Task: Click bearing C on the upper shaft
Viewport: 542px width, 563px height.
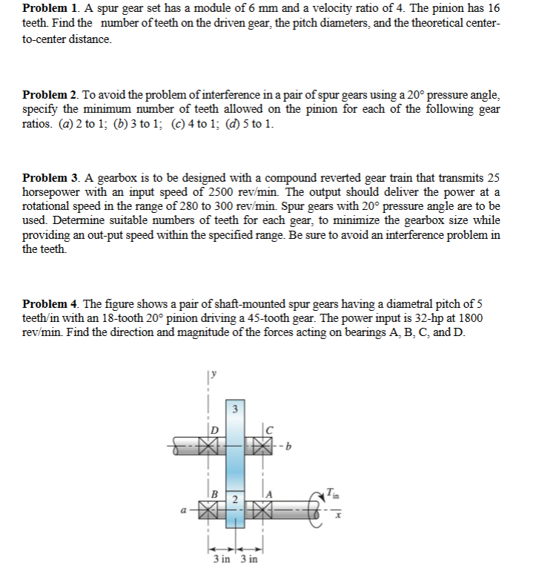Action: [261, 448]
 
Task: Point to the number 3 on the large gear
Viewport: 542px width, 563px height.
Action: [235, 408]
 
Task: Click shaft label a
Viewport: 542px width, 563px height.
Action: [182, 510]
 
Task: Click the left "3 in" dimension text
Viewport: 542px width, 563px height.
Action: [222, 558]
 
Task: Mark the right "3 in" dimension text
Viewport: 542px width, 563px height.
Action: [248, 558]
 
